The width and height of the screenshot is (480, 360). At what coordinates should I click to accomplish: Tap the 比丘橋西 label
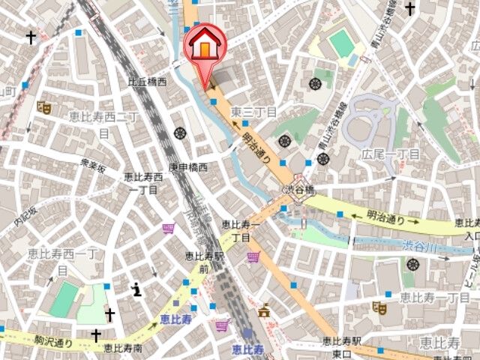point(147,82)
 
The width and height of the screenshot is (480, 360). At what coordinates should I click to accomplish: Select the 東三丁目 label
point(253,112)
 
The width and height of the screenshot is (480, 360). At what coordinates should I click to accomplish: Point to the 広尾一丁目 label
point(391,154)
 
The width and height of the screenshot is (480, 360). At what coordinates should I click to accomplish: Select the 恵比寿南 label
point(123,347)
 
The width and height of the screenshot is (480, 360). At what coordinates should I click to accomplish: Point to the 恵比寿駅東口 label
point(342,347)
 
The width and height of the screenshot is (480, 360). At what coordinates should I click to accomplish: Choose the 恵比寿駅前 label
point(205,262)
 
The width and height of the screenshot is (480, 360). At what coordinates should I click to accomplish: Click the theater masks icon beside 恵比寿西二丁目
point(44,107)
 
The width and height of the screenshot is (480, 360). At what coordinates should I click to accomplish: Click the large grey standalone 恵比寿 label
point(439,343)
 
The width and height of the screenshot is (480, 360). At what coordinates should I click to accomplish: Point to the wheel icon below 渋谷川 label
point(412,263)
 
